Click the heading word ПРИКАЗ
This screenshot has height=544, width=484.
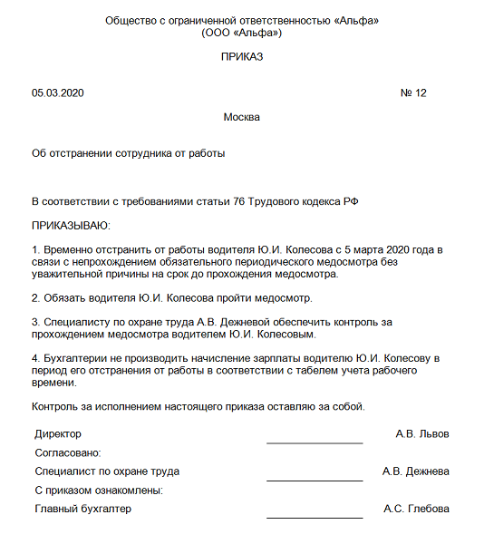pos(241,57)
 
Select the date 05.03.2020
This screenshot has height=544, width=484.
pos(58,93)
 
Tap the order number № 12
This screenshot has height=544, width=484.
pos(412,93)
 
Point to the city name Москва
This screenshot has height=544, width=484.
pos(241,118)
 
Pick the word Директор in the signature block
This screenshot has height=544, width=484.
pos(58,433)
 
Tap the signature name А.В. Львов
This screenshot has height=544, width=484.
pos(422,433)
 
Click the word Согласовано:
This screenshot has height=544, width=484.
pos(67,452)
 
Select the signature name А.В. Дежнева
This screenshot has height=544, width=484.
pos(416,471)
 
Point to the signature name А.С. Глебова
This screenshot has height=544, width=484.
pos(416,509)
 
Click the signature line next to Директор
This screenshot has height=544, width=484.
pos(315,442)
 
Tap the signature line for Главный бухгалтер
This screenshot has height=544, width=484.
pos(315,517)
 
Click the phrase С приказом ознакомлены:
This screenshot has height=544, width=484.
pos(99,491)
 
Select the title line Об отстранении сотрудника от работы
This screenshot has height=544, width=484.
pos(128,153)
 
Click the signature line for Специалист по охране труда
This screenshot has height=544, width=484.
pos(315,479)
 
